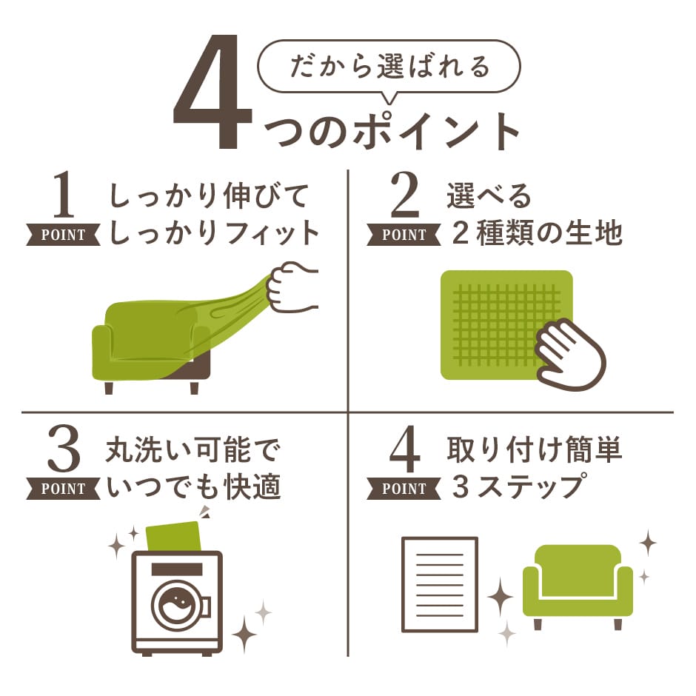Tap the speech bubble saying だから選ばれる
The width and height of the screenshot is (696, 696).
click(x=389, y=67)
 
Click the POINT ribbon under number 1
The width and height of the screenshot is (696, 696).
click(x=64, y=235)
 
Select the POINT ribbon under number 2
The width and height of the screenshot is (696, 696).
click(x=404, y=235)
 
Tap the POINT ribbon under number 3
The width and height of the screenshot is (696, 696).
click(x=64, y=489)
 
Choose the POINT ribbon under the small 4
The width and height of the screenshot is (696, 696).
click(x=404, y=489)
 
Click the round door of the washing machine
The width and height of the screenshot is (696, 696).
click(x=178, y=604)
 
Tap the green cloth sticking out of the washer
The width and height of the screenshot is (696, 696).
click(x=173, y=537)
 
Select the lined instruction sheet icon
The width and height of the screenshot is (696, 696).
click(x=439, y=584)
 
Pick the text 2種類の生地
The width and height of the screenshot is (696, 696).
click(x=537, y=233)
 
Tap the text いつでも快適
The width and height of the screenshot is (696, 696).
click(x=193, y=486)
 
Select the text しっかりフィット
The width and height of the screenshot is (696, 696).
click(x=214, y=233)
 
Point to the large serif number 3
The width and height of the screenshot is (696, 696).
click(x=64, y=449)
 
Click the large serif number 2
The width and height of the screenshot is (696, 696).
click(x=404, y=195)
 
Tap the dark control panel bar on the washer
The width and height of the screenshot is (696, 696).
click(x=177, y=569)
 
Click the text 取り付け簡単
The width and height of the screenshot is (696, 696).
click(x=535, y=449)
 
